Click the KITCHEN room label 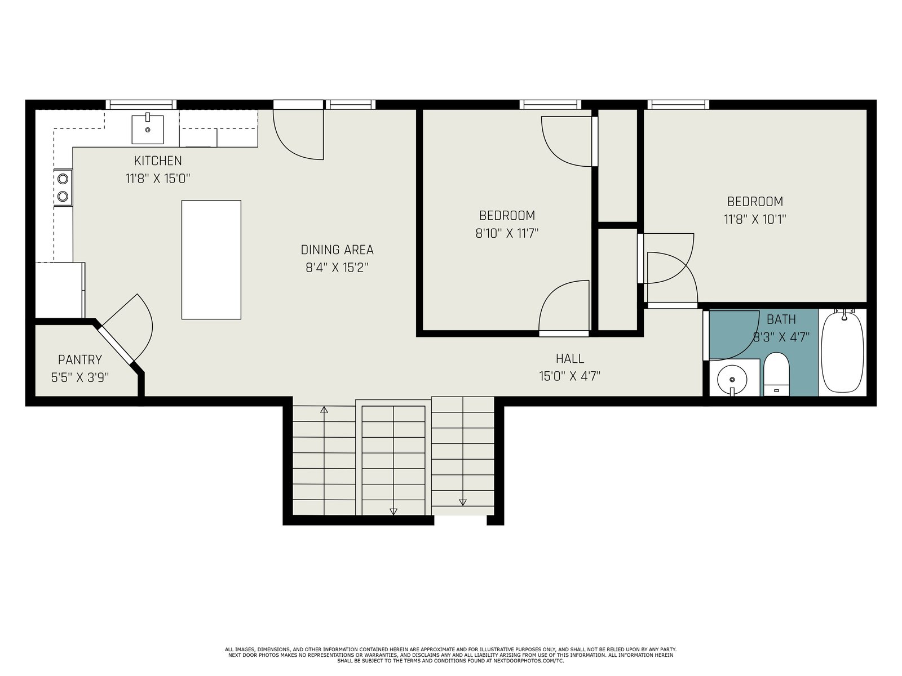coord(158,161)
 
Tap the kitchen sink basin coord(148,130)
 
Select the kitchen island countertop coord(211,259)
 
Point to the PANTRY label coord(79,359)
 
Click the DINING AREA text coord(337,250)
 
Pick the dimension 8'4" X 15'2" coord(337,268)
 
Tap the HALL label coord(570,359)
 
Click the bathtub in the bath coord(842,352)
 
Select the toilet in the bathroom coord(776,374)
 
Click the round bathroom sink coord(732,380)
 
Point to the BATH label coord(781,319)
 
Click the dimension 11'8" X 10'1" coord(755,219)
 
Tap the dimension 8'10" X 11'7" coord(507,233)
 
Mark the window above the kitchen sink coord(141,105)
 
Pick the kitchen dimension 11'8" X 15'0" coord(158,179)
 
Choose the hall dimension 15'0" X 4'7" coord(570,376)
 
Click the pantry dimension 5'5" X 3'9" coord(79,377)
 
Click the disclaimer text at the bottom coord(451,655)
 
